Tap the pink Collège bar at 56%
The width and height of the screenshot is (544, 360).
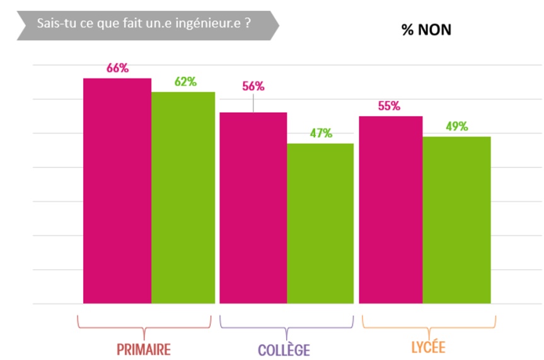coord(253,207)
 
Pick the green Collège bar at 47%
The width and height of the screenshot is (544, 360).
coord(320,223)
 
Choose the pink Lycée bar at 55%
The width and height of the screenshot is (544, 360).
coord(391,209)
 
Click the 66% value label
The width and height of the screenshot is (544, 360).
coord(117,68)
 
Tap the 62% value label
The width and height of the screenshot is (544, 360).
coord(185,81)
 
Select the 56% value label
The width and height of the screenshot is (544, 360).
coord(253,87)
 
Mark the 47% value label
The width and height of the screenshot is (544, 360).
coord(320,133)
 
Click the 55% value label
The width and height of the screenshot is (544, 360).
coord(389,106)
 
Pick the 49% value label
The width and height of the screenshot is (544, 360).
coord(456,126)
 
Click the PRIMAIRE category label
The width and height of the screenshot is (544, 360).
coord(144,349)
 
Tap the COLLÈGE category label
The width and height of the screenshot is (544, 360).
coord(284,349)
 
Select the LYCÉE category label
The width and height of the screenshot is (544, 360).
coord(427,347)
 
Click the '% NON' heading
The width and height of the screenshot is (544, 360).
coord(426,30)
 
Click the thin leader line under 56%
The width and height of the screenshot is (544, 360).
coord(253,103)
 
